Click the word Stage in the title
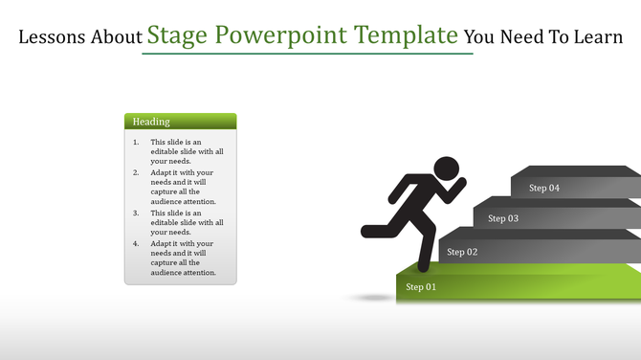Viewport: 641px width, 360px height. click(x=178, y=36)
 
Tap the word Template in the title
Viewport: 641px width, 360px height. click(x=406, y=36)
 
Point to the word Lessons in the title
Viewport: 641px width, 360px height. click(x=52, y=38)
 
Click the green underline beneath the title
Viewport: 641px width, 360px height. click(x=307, y=54)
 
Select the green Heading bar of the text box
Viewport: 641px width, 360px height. click(x=180, y=122)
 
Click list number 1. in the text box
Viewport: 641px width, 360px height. click(x=136, y=143)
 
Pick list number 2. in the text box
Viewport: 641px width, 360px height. click(x=136, y=172)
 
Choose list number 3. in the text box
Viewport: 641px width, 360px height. click(x=136, y=213)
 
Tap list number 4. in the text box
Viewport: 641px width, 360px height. click(x=136, y=243)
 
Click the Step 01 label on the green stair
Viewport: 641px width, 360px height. click(x=421, y=287)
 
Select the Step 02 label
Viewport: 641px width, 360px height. click(x=461, y=252)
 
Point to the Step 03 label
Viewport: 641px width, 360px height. click(x=503, y=218)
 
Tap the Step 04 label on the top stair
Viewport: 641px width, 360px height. click(x=544, y=188)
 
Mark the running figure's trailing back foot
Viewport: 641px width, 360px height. click(x=368, y=230)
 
